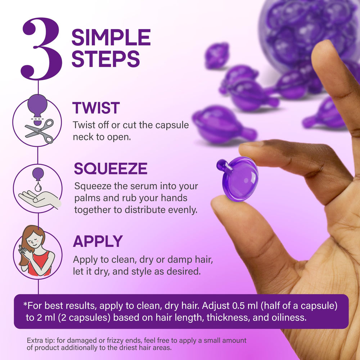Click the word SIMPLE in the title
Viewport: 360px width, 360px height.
point(111,37)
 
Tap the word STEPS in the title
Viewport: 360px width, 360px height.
point(105,59)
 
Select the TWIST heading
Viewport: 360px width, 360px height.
point(96,108)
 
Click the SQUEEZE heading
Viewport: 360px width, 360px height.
point(111,168)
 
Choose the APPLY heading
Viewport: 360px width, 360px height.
point(98,241)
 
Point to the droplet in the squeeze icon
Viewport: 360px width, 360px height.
point(38,186)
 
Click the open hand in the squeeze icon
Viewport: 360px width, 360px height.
point(40,199)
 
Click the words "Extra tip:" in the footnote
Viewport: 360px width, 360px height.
point(40,341)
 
